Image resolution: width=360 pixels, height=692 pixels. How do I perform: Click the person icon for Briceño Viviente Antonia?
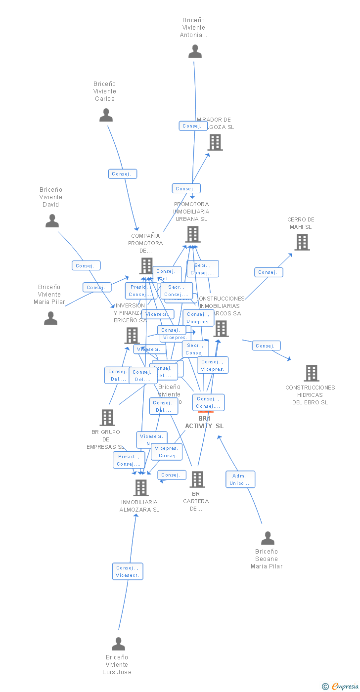tap(195, 51)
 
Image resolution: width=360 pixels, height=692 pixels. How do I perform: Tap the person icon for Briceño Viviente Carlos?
tap(106, 115)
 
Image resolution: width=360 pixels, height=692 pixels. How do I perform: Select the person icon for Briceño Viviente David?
tap(52, 221)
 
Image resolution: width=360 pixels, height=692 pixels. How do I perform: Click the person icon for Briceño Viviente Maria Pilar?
tap(50, 318)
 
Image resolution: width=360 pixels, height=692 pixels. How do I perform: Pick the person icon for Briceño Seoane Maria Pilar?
tap(268, 538)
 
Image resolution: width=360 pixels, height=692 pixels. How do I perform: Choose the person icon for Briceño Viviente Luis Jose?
tap(118, 644)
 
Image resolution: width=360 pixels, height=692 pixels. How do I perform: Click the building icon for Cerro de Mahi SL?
tap(302, 242)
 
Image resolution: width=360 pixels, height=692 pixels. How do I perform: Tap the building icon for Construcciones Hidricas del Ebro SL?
tap(311, 373)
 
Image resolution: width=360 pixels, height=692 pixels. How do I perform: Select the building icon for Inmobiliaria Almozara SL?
tap(141, 488)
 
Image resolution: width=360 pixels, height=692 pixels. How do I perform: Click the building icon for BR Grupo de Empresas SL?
tap(107, 418)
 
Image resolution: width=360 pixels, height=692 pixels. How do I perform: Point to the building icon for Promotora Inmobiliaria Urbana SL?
tap(192, 234)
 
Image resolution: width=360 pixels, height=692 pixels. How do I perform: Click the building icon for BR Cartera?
tap(197, 479)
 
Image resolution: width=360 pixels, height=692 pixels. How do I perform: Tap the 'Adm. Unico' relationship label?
tap(241, 479)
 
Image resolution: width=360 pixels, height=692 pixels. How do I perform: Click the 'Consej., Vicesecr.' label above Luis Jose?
tap(128, 571)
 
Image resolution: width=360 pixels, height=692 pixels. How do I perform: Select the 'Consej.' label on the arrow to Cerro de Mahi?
tap(269, 272)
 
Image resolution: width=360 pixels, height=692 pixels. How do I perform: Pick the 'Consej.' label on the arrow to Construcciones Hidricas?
tap(266, 346)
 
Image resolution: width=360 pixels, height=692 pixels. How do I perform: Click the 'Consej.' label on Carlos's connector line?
tap(122, 174)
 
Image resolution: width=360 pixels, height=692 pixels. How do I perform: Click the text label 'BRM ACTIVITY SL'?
tap(204, 423)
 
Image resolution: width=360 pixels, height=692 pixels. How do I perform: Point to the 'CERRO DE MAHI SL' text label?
tap(301, 223)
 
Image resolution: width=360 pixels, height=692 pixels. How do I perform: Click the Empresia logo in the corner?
tap(344, 686)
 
